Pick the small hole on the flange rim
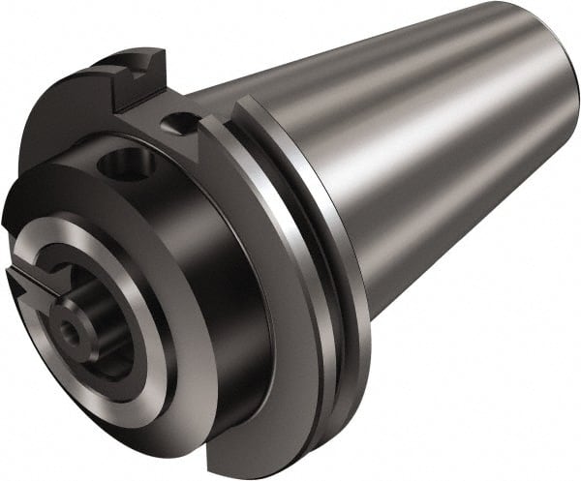coord(177,123)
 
